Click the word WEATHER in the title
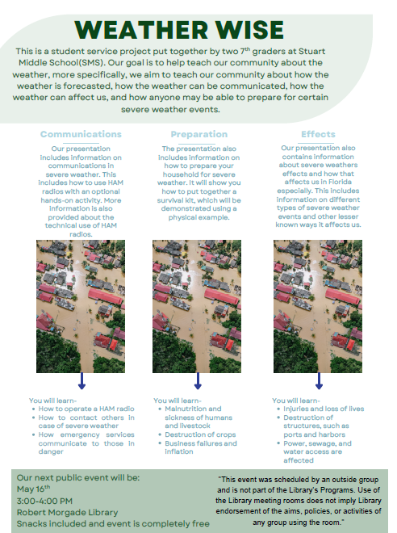[x=141, y=30]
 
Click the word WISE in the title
[x=250, y=30]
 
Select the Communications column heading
[x=81, y=134]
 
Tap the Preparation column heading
[x=199, y=134]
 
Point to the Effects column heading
[x=318, y=134]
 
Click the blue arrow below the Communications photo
[x=81, y=380]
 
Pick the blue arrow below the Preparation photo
[x=198, y=380]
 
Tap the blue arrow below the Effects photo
[x=319, y=380]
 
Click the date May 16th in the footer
[x=33, y=489]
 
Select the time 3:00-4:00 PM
[x=44, y=501]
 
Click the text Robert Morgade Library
[x=67, y=512]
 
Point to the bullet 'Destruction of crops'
[x=200, y=434]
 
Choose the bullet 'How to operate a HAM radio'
[x=86, y=409]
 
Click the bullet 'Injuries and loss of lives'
[x=324, y=409]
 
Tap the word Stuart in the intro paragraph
[x=307, y=52]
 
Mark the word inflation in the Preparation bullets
[x=179, y=451]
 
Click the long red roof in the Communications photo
[x=105, y=296]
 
